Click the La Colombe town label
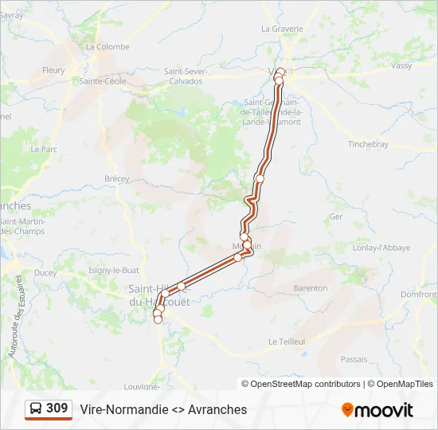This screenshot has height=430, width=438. pos(108,47)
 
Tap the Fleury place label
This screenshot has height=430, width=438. pos(54,70)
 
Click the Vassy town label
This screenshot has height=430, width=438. pos(401,66)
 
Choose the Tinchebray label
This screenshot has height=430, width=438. pos(368,144)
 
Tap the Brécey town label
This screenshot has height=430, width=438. pos(117,179)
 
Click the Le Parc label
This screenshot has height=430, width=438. pos(44,149)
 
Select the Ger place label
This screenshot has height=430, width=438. pos(336,216)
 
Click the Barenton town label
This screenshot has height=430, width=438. pos(311,287)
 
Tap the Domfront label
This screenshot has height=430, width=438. pos(419,295)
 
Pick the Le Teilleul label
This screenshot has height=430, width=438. pos(287,341)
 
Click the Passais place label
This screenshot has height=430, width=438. pos(354,359)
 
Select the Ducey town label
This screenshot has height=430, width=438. pos(46,272)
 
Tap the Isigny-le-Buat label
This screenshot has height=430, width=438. pos(114,271)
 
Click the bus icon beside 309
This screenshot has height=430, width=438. pos(36,409)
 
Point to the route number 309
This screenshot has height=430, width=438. pos(57,408)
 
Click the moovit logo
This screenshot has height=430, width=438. pos(377,410)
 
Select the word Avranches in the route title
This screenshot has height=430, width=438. pos(217,409)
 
